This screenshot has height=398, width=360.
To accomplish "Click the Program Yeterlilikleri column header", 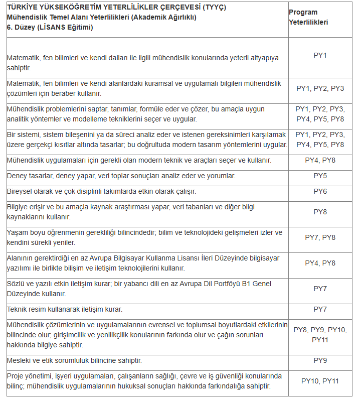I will [308, 18].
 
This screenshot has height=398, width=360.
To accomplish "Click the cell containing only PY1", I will [320, 55].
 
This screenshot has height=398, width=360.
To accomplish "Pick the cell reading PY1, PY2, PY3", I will [320, 88].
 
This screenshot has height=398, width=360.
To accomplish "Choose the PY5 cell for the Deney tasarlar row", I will [320, 176].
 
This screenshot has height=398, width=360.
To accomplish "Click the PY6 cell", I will [320, 191].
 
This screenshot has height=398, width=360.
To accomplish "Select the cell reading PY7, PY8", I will [320, 237].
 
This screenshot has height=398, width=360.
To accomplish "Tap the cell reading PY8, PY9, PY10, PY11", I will [320, 335].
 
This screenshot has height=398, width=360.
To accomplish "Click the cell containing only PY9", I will [320, 360].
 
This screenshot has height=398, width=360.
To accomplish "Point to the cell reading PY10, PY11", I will [320, 381].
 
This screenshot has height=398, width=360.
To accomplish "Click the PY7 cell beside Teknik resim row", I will [320, 309].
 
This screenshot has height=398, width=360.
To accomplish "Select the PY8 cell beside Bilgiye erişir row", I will [320, 212].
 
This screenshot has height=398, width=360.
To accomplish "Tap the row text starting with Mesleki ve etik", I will [74, 360].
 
